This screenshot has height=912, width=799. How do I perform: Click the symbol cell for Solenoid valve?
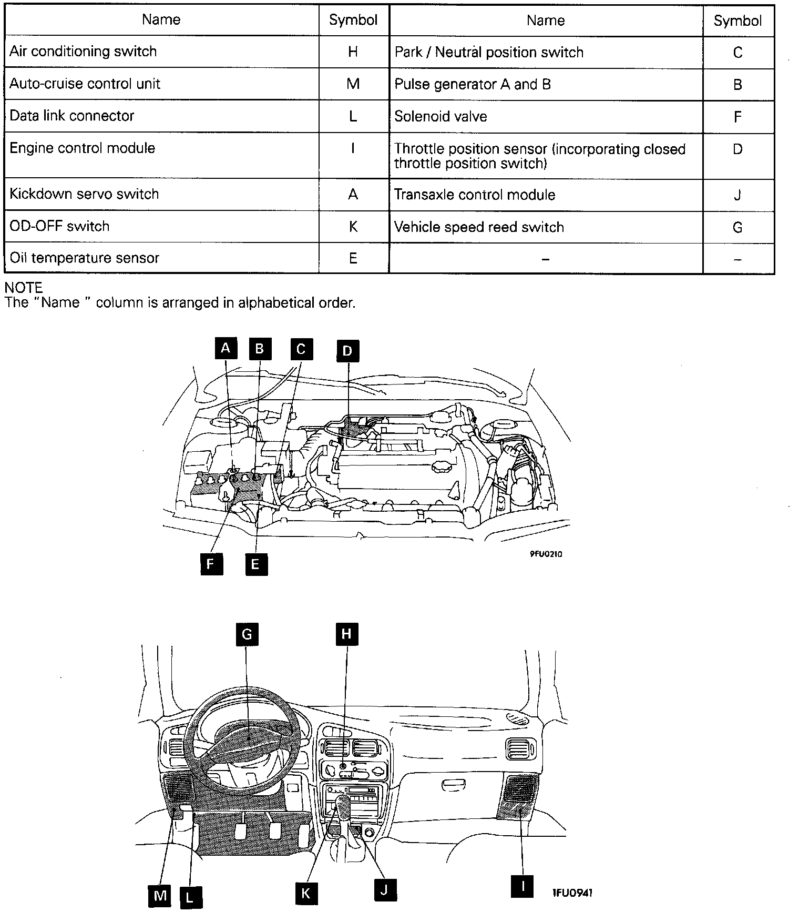click(737, 117)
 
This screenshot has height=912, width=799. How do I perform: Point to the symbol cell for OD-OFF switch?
click(353, 226)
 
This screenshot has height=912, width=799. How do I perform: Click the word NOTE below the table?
click(24, 288)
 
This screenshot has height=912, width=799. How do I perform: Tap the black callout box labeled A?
click(226, 348)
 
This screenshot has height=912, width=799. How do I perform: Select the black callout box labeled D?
click(347, 351)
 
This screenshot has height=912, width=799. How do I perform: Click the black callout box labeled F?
click(211, 564)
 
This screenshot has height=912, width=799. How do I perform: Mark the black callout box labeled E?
click(255, 564)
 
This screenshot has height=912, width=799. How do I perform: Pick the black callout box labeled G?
click(247, 634)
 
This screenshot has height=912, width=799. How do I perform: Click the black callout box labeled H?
click(346, 634)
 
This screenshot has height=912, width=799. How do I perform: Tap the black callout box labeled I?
click(522, 886)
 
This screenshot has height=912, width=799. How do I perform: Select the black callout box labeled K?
click(306, 893)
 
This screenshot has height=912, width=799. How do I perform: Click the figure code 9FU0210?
click(545, 554)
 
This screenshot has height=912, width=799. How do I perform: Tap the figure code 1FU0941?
click(572, 892)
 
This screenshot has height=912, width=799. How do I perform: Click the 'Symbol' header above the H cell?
click(353, 20)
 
